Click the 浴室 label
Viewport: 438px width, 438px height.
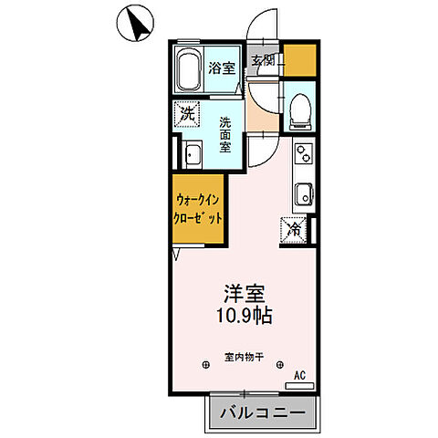(x=221, y=67)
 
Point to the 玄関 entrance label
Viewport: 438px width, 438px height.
(x=263, y=61)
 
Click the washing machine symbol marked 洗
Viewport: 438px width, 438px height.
(x=188, y=115)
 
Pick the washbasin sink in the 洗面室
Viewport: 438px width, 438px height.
(x=192, y=155)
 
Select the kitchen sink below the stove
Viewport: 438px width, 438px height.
(x=303, y=193)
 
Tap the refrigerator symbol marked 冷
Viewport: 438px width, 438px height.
(x=296, y=229)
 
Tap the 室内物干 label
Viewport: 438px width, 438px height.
(x=244, y=358)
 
